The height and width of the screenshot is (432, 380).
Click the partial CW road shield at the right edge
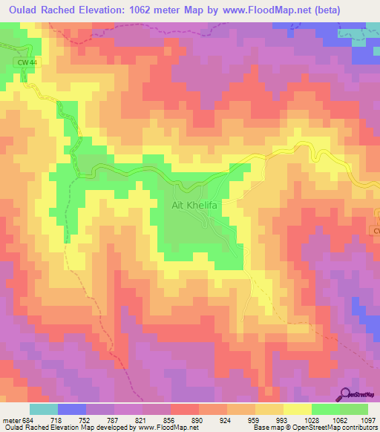pyautogui.click(x=376, y=232)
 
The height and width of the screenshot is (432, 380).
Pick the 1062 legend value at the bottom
pyautogui.click(x=342, y=419)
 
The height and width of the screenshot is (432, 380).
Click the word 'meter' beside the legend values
pyautogui.click(x=13, y=419)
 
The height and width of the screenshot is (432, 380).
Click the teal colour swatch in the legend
pyautogui.click(x=44, y=409)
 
